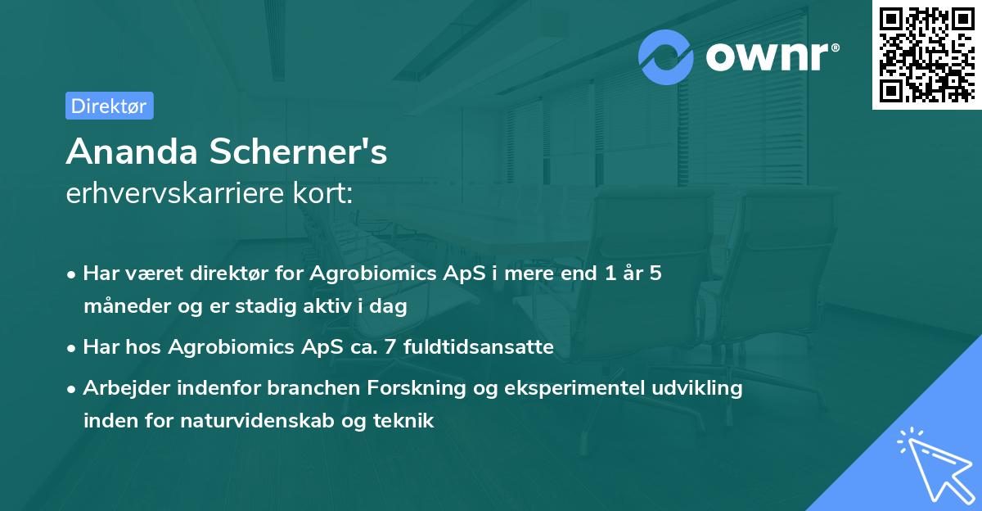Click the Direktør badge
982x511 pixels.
pos(109,106)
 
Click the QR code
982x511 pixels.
pos(927,55)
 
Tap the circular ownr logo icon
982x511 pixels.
pos(666,57)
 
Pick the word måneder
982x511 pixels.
pos(121,307)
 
